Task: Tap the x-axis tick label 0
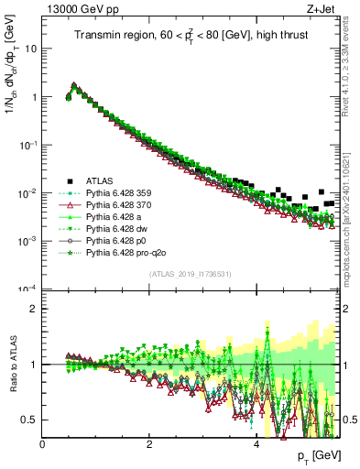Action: pyautogui.click(x=42, y=444)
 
